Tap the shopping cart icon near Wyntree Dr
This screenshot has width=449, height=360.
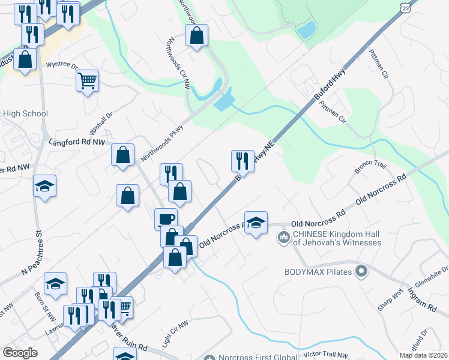coord(87,80)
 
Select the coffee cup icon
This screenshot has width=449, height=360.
coord(166,218)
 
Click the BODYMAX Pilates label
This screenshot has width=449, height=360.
coord(318,272)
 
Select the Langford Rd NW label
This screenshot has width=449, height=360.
coord(77,142)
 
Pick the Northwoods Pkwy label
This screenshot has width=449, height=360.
coord(161,144)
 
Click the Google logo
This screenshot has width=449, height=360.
coord(20,352)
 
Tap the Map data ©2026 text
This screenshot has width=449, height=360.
coord(424,355)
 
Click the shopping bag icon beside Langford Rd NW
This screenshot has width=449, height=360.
coord(122,155)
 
